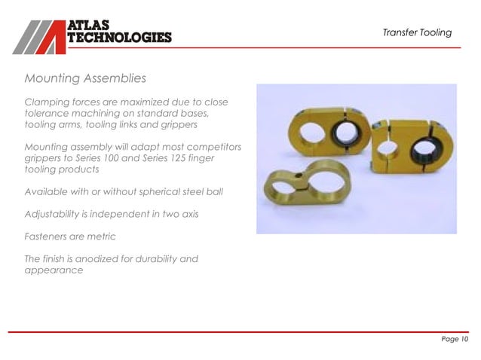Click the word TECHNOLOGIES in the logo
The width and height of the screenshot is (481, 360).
tap(120, 38)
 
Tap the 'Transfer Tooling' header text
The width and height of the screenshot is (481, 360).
tap(416, 32)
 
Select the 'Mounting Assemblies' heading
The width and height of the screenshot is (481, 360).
tap(85, 78)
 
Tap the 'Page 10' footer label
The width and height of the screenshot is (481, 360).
tap(455, 340)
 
